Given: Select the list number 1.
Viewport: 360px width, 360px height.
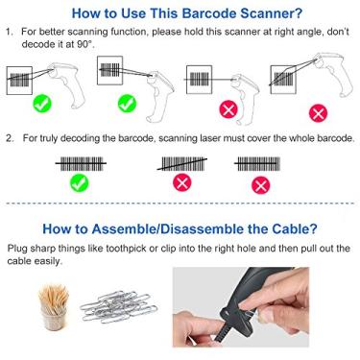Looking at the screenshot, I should pos(10,33).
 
